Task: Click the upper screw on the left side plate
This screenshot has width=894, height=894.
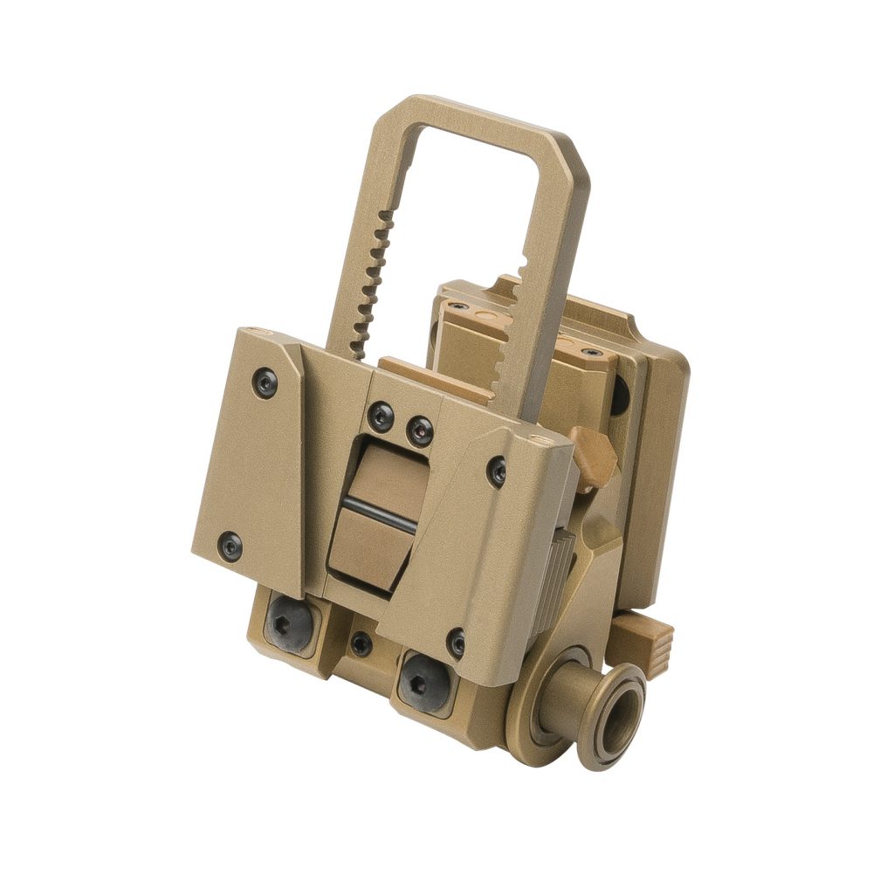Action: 265,382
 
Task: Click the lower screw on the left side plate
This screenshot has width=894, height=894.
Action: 230,547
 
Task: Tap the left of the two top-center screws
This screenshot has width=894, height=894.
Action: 381,416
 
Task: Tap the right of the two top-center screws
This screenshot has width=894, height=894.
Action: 420,430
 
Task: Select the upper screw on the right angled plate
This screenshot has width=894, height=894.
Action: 497,472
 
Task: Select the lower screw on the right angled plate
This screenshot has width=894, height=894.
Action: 457,643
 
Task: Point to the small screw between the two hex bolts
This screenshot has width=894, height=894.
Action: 361,644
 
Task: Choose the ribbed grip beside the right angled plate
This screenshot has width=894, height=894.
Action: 559,572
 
